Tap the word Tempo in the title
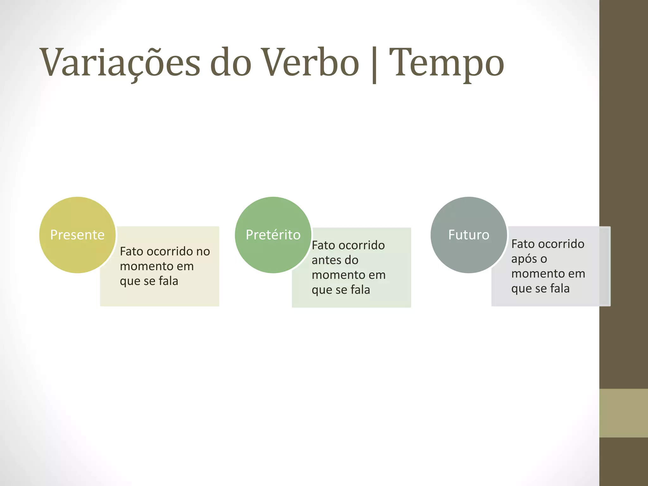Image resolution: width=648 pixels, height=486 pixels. [446, 63]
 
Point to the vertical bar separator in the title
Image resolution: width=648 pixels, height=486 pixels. [374, 65]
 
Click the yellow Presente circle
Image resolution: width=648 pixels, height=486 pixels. [77, 235]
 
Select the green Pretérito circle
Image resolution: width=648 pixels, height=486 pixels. [273, 235]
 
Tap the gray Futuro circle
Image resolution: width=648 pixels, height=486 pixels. [469, 235]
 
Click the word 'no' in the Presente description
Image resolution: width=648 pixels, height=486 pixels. [203, 252]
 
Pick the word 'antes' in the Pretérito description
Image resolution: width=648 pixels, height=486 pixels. [326, 260]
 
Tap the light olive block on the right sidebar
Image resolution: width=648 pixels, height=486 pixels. [623, 413]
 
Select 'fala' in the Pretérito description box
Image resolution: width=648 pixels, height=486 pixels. [360, 290]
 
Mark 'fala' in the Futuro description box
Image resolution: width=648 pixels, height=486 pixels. [560, 289]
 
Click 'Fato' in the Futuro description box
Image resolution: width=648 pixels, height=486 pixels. [523, 244]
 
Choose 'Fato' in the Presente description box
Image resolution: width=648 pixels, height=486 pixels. [132, 252]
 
